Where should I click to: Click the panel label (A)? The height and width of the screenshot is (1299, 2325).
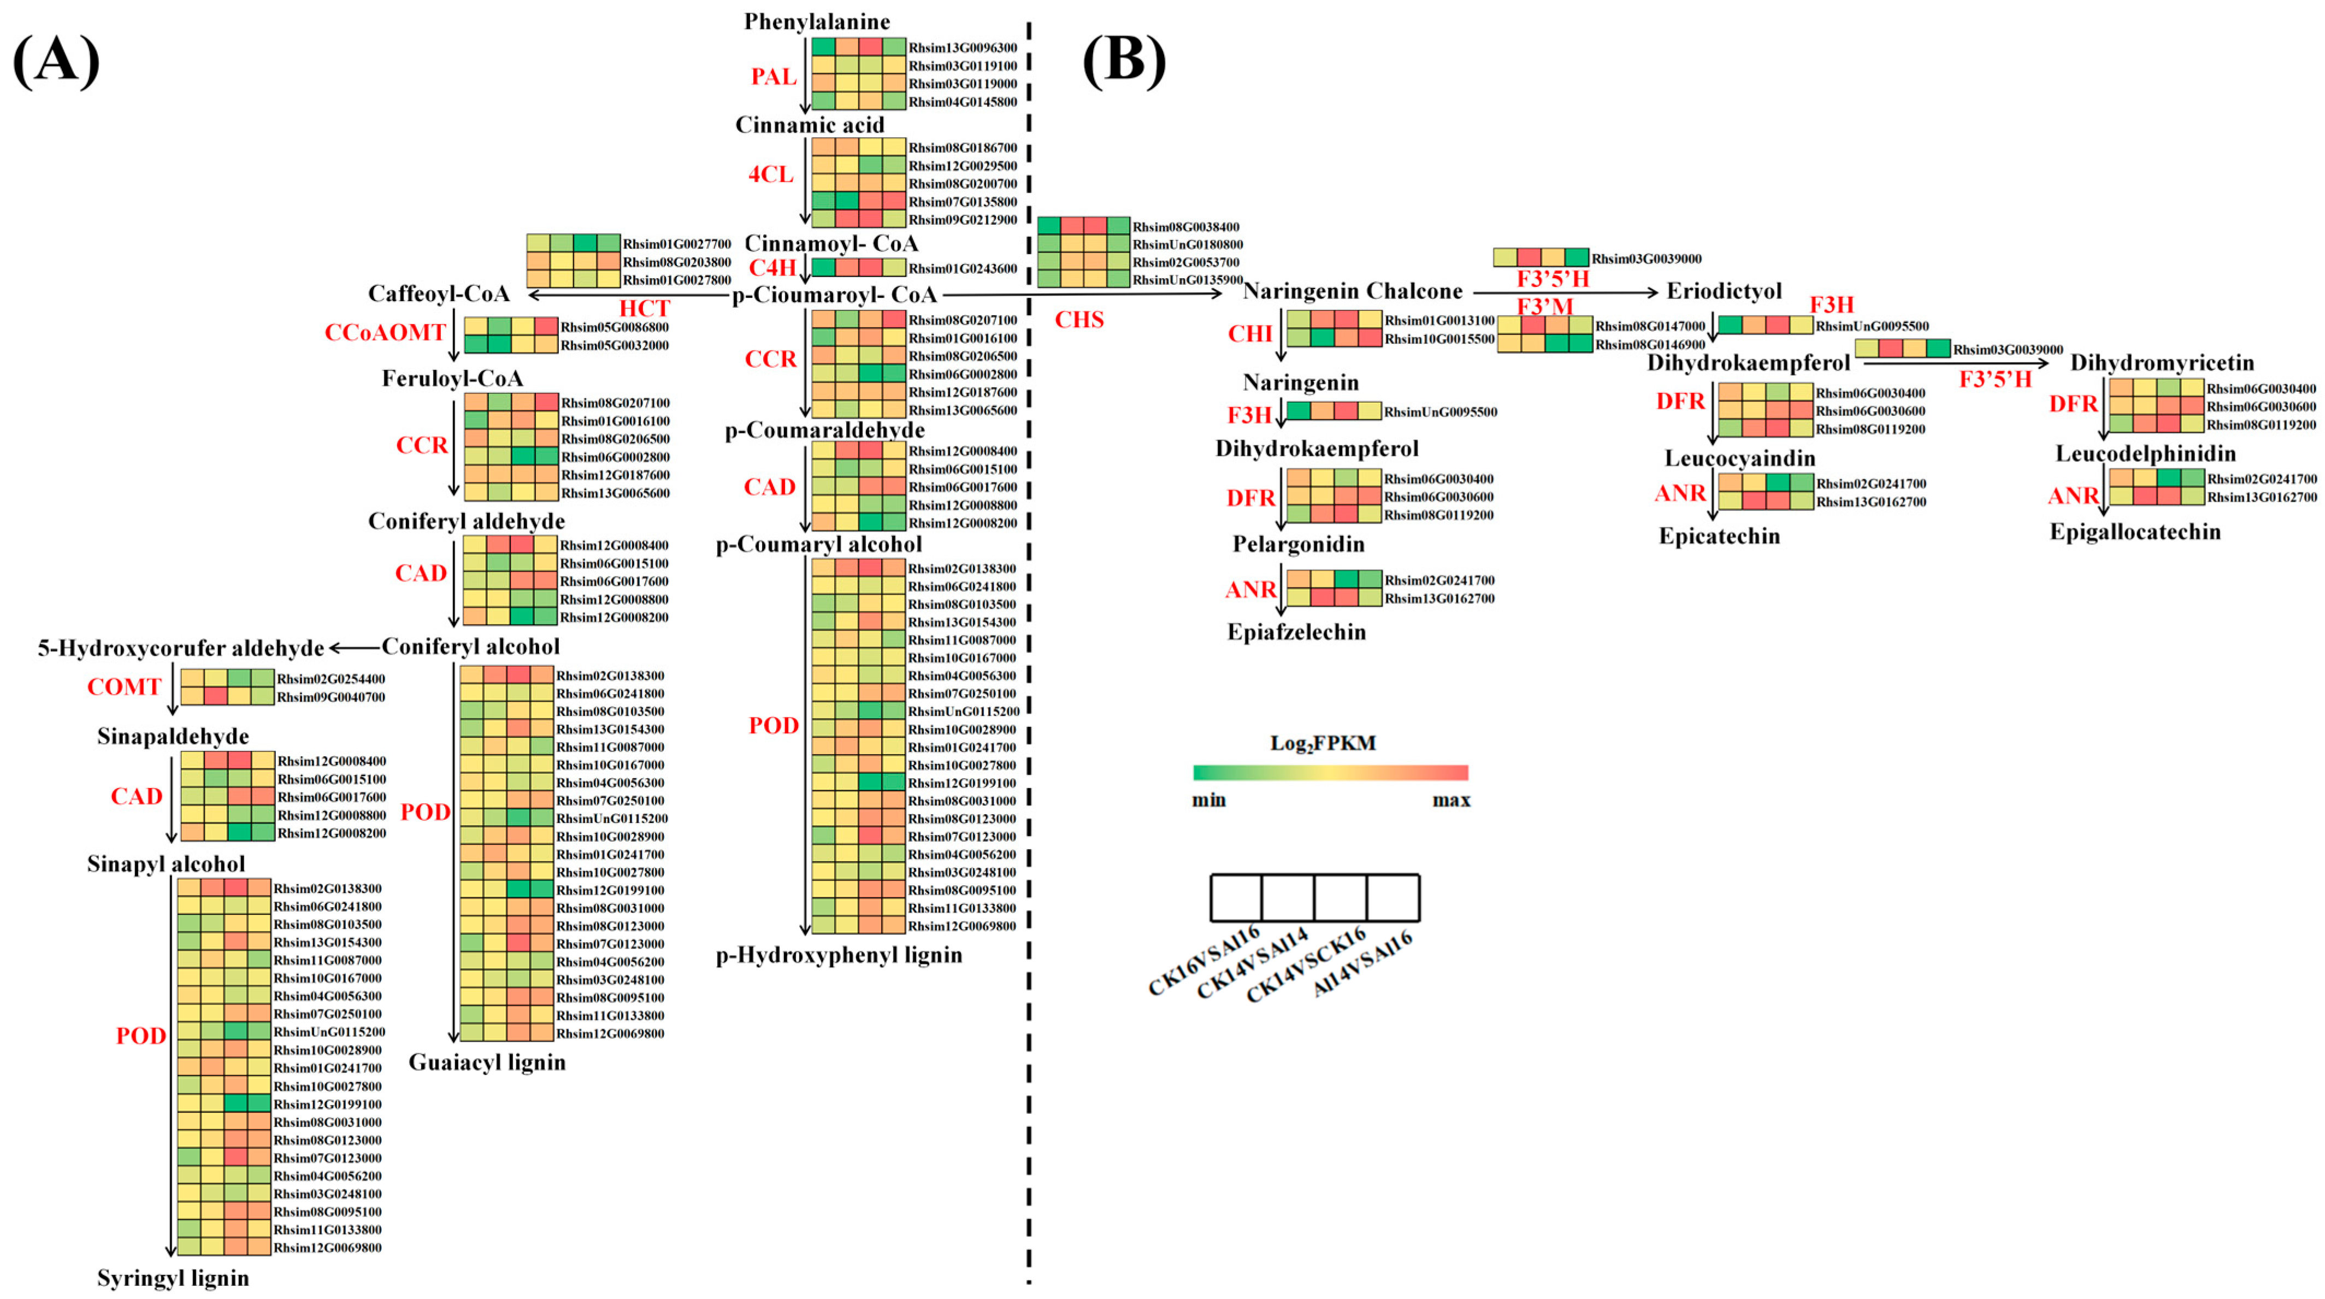coord(56,61)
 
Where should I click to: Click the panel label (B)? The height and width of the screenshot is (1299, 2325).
coord(1124,61)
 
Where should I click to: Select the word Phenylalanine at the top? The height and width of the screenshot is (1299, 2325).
coord(816,21)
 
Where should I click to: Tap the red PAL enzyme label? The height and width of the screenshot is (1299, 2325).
coord(774,77)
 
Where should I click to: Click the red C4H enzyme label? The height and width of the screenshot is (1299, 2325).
coord(772,267)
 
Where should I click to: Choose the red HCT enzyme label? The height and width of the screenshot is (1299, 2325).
coord(645,309)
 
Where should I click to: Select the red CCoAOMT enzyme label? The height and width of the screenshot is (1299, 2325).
coord(385,333)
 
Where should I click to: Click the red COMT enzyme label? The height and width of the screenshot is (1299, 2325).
coord(123,687)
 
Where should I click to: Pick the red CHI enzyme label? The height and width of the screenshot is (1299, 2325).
coord(1249,334)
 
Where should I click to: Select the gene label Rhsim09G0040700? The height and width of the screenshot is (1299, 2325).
coord(331,697)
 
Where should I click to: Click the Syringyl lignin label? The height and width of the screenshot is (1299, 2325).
coord(173,1277)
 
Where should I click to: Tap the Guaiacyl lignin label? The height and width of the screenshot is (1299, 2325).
coord(487,1062)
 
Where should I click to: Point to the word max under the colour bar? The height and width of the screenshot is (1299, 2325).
coord(1450,800)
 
